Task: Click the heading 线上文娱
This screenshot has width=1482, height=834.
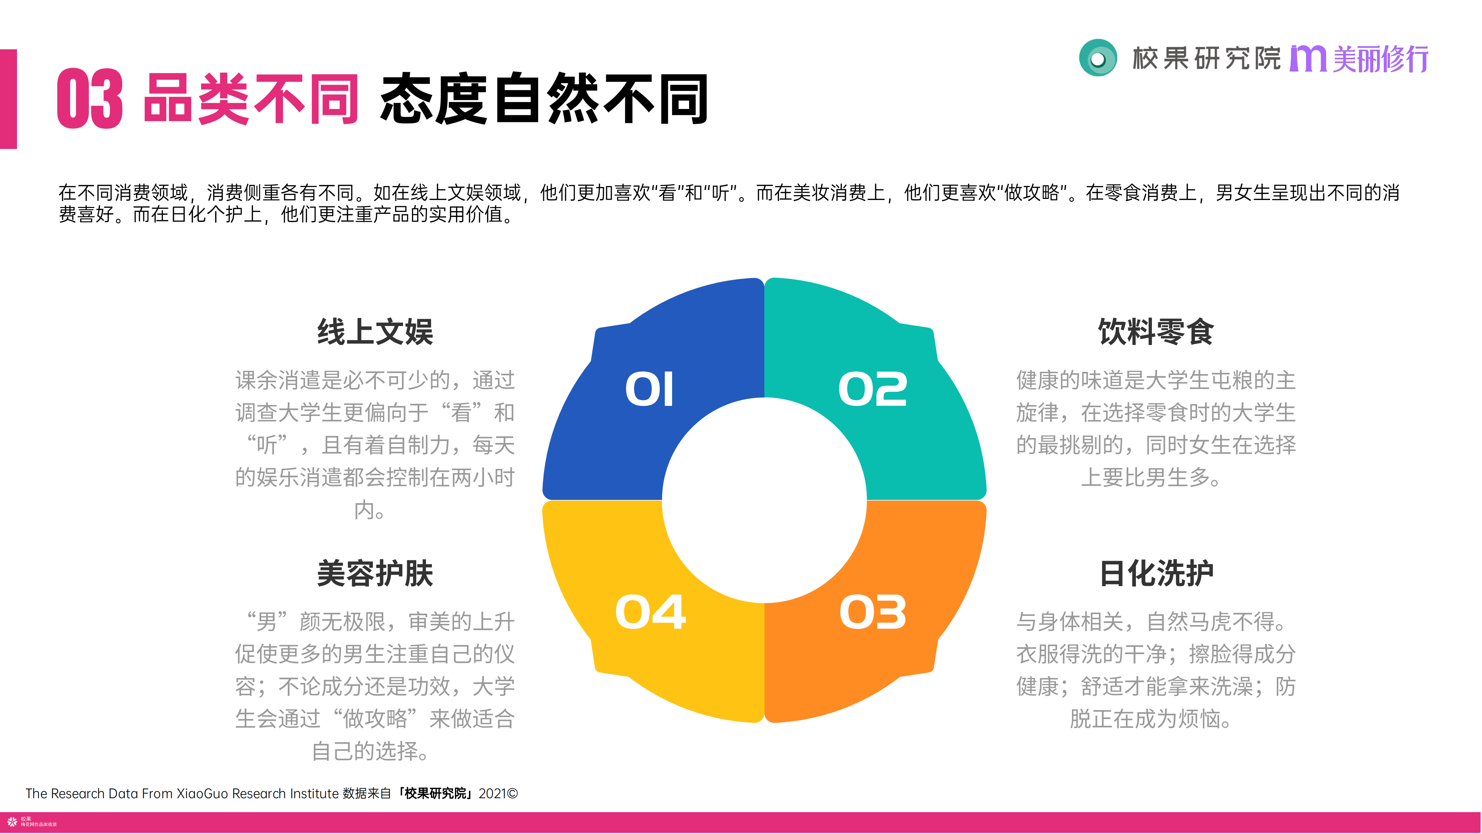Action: click(x=375, y=332)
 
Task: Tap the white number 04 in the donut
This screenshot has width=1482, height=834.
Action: click(x=650, y=612)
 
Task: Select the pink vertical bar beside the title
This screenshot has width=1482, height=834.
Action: click(x=9, y=99)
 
